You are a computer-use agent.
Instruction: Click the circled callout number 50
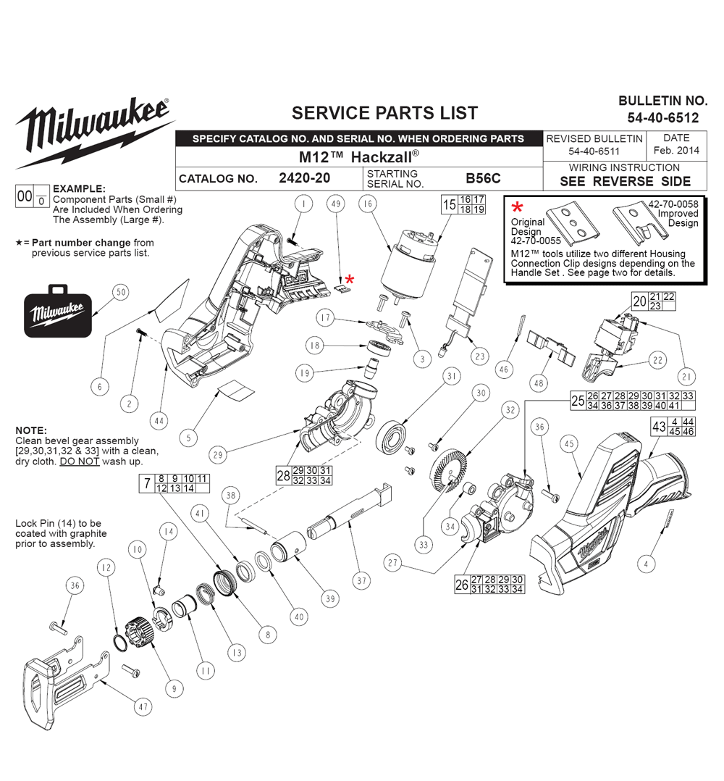[121, 293]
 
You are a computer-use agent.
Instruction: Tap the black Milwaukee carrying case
[58, 311]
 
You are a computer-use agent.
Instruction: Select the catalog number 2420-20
[305, 177]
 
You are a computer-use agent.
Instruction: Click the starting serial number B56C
[483, 177]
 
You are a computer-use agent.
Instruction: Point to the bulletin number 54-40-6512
[662, 117]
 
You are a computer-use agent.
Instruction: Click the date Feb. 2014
[676, 150]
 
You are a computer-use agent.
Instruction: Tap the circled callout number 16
[368, 204]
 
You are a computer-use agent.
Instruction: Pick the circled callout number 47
[143, 707]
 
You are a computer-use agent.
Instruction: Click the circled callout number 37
[362, 581]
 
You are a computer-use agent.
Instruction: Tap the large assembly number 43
[659, 426]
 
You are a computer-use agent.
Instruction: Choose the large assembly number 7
[147, 484]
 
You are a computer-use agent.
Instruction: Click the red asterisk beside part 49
[350, 280]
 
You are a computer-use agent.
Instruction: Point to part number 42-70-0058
[673, 204]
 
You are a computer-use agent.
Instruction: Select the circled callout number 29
[218, 455]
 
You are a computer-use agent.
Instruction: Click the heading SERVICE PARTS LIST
[384, 113]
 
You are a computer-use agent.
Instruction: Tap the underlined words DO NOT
[80, 461]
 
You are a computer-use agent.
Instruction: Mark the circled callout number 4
[647, 564]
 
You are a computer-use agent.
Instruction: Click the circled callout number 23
[480, 356]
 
